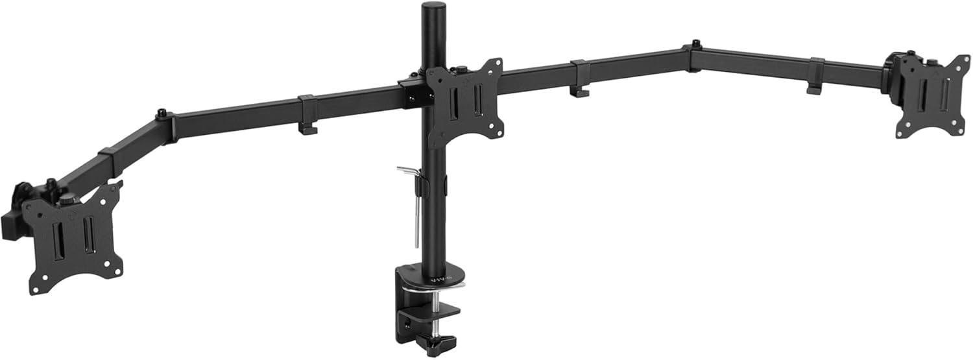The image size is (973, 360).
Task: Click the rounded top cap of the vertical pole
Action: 430,8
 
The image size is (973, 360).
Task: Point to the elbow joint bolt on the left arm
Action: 160,115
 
